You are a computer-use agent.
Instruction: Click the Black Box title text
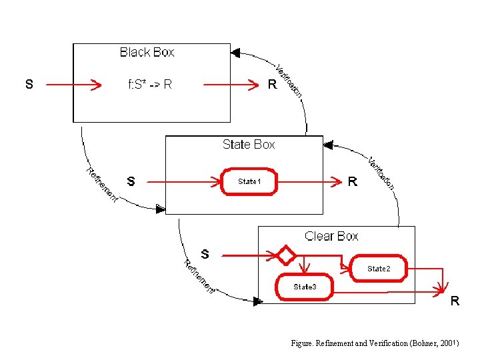coord(147,52)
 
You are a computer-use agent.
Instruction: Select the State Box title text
coord(249,144)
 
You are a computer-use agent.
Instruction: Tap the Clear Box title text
coord(331,236)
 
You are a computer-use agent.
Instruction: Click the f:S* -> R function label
coord(150,85)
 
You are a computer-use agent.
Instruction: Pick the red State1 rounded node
coord(249,181)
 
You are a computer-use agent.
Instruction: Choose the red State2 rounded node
coord(378,268)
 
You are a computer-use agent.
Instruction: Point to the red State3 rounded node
coord(304,287)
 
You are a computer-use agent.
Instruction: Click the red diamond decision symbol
coord(286,255)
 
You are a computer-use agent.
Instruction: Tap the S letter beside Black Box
coord(29,85)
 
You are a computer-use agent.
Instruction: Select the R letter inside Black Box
coord(271,85)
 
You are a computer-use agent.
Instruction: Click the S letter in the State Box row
coord(131,181)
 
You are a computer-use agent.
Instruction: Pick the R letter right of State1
coord(353,181)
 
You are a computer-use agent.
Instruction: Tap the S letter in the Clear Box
coord(205,254)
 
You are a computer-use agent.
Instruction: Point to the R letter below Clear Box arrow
coord(454,301)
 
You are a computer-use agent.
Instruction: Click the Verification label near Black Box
coord(289,81)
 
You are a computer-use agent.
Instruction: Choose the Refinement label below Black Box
coord(102,185)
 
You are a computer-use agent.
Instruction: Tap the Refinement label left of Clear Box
coord(199,277)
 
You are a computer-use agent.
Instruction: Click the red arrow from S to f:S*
coord(73,85)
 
